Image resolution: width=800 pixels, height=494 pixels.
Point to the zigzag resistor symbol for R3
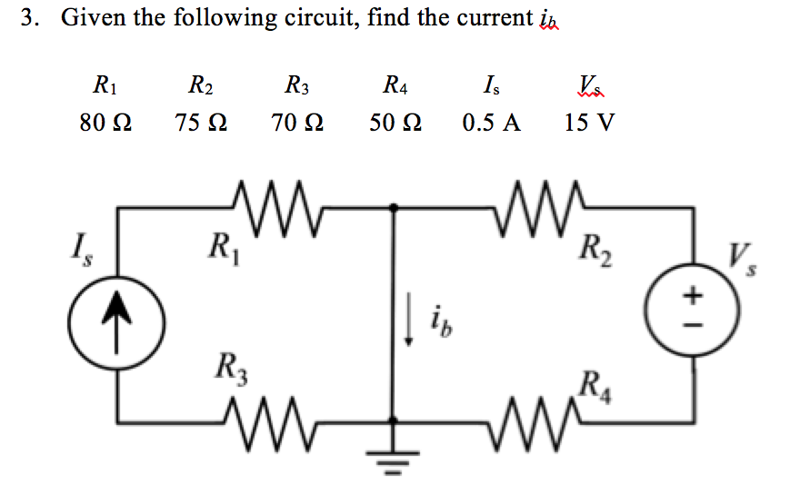pyautogui.click(x=273, y=420)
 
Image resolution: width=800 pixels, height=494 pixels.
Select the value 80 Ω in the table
pyautogui.click(x=105, y=122)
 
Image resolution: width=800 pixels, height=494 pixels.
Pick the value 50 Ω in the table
pyautogui.click(x=395, y=122)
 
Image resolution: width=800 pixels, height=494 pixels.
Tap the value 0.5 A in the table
pyautogui.click(x=491, y=122)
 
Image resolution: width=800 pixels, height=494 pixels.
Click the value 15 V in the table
pyautogui.click(x=588, y=122)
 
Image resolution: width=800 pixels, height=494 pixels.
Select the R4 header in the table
pyautogui.click(x=395, y=87)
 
